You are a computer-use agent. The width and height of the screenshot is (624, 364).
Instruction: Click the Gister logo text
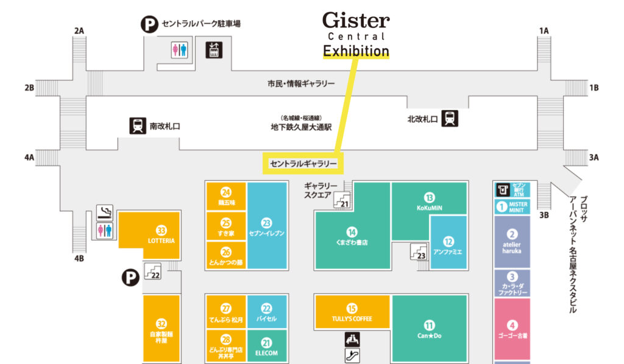point(356,21)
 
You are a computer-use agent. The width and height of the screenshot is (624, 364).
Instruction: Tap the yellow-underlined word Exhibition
point(356,51)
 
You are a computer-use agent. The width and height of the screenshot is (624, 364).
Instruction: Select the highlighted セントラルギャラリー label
point(303,164)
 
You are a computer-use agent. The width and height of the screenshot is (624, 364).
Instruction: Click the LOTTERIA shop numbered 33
point(161,235)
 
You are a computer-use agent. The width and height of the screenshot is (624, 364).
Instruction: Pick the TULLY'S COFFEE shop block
point(352,313)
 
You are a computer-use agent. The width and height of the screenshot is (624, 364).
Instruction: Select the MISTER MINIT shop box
point(512,206)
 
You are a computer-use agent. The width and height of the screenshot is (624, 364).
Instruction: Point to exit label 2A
point(79,30)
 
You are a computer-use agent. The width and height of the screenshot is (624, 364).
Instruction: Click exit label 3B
point(544,214)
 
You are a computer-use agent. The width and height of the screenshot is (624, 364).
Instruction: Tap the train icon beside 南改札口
point(137,126)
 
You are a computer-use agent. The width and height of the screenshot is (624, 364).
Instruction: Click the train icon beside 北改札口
point(450,118)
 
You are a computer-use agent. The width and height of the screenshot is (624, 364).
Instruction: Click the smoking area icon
point(105,212)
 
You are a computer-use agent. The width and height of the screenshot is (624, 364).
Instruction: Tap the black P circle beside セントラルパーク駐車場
point(149,24)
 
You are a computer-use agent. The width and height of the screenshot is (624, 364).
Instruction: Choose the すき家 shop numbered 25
point(226,228)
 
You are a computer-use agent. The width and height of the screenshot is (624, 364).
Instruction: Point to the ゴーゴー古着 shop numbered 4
point(512,329)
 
